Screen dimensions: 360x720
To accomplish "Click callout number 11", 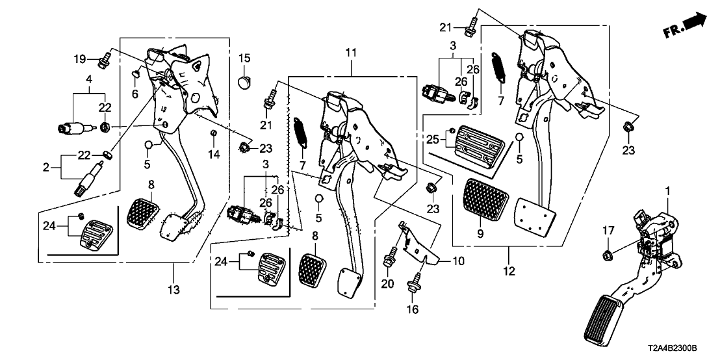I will point(350,51).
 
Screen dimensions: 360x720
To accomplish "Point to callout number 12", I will point(508,269).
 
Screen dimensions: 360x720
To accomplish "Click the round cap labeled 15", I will point(244,82).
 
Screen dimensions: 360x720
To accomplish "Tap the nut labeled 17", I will point(608,253).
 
